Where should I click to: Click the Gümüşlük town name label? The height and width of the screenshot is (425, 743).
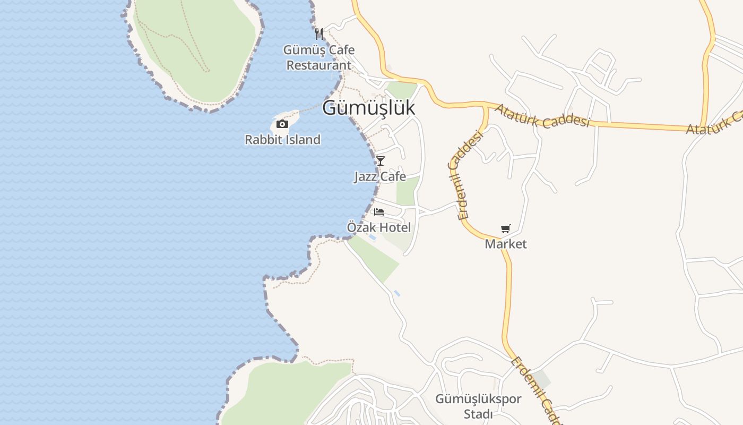(x=368, y=108)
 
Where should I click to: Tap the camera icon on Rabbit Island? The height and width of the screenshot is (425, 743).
(x=282, y=124)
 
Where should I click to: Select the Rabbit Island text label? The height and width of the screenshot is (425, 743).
(x=282, y=140)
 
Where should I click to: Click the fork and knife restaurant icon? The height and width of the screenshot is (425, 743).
(x=319, y=34)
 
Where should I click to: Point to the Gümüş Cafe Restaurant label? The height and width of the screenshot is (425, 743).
(x=319, y=57)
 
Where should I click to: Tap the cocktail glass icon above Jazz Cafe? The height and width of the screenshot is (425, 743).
(x=380, y=161)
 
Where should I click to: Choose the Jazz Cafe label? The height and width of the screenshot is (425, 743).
(x=380, y=176)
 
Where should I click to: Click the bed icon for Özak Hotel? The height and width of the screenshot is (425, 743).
(x=379, y=212)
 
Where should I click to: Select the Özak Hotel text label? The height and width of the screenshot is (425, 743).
(x=379, y=227)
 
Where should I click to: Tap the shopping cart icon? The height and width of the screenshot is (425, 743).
(x=506, y=229)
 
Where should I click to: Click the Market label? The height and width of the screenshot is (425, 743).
(x=506, y=244)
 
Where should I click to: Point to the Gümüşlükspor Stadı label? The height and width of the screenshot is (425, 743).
(x=478, y=406)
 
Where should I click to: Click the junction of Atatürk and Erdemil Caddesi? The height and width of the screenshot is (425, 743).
(x=486, y=106)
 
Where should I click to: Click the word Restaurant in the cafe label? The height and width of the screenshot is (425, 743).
(x=319, y=65)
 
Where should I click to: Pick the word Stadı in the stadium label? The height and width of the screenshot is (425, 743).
(x=478, y=414)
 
